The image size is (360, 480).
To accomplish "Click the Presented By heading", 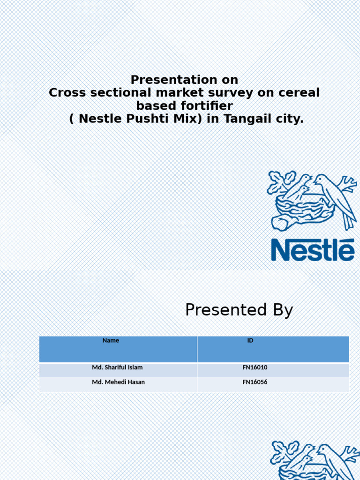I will (x=239, y=310).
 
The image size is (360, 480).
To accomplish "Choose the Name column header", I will (x=111, y=341).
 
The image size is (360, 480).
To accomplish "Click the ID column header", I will (x=250, y=341).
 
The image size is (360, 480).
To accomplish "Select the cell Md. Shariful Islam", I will (x=117, y=368).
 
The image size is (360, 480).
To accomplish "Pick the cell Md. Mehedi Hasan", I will (x=118, y=382).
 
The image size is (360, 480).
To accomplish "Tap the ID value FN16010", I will (x=255, y=368).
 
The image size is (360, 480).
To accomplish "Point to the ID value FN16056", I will (x=255, y=382).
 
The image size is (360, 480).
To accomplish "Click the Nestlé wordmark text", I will (x=313, y=250).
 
